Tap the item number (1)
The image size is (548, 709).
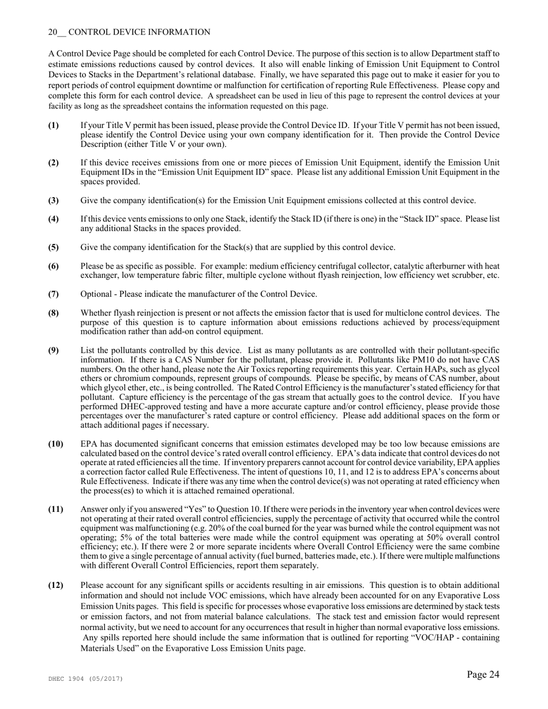coord(53,125)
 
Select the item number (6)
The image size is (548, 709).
coord(53,266)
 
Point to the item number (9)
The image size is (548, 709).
coord(53,350)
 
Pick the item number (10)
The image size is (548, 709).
coord(55,444)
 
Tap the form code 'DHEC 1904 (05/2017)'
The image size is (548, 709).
coord(85,679)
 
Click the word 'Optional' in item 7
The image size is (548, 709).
coord(97,294)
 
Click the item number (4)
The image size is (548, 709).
coord(53,219)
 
